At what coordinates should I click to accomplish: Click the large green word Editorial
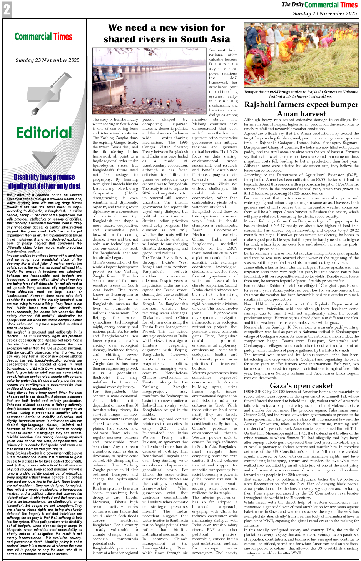pos(44,133)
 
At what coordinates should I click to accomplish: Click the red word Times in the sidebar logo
pos(63,37)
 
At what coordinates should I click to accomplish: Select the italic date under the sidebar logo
pos(47,60)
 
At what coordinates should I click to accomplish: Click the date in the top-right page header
pos(325,13)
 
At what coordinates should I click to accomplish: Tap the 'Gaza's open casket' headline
pos(301,385)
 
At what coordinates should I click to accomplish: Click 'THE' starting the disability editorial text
pos(10,195)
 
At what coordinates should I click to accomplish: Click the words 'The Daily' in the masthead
pos(292,5)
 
